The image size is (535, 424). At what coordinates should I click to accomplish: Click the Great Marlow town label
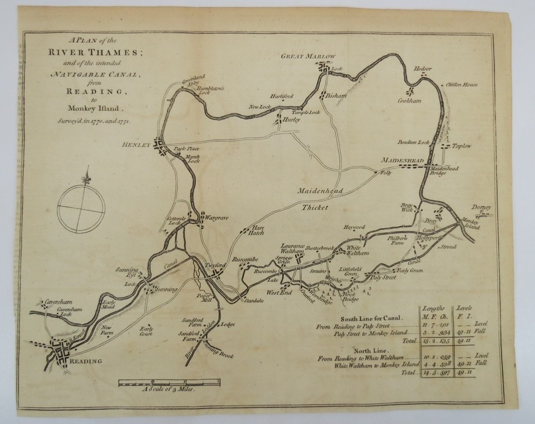click(309, 56)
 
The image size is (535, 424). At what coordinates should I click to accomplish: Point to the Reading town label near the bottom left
click(86, 362)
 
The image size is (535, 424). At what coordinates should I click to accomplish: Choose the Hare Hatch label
click(256, 231)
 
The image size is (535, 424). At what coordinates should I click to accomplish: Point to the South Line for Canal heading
click(369, 318)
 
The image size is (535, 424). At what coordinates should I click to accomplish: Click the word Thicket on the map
click(314, 208)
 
